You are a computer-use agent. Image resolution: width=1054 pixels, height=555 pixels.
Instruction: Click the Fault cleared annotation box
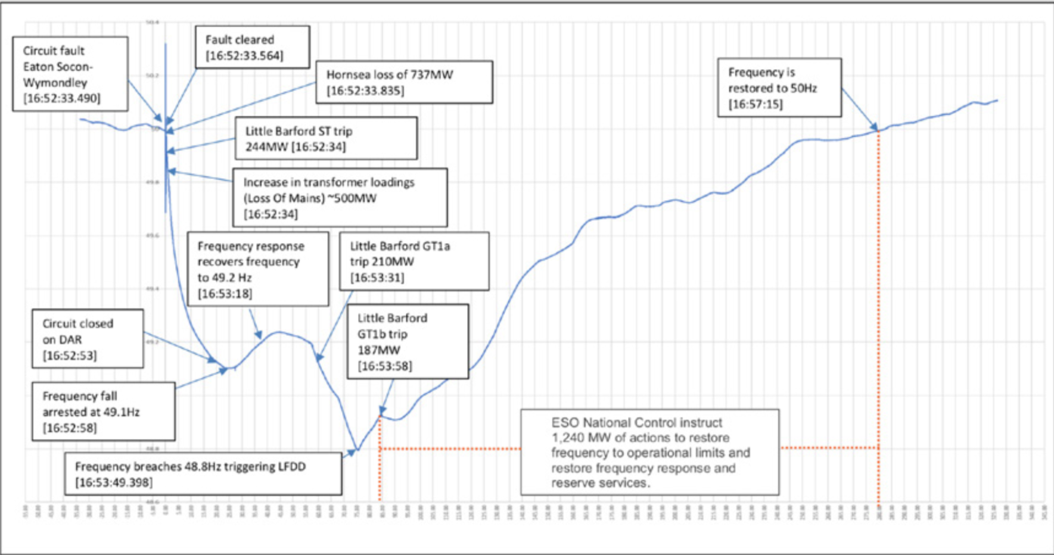tap(252, 47)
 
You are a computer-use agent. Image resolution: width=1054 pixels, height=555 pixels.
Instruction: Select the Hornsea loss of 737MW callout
tap(404, 82)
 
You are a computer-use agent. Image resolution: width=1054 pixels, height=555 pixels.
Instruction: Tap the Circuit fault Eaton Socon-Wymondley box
tap(70, 74)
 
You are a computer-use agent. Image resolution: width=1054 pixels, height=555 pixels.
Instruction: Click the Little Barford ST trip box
tap(326, 138)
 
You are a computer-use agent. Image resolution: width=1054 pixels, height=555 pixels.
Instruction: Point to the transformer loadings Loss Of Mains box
tap(340, 198)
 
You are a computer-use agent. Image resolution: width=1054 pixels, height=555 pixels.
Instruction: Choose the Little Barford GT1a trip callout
tap(414, 261)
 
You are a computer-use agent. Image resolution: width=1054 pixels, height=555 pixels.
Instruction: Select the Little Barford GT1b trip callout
tap(408, 341)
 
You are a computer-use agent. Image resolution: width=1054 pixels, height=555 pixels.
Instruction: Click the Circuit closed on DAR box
tap(87, 339)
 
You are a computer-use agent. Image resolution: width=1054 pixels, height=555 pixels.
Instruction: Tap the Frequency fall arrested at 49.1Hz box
tap(103, 411)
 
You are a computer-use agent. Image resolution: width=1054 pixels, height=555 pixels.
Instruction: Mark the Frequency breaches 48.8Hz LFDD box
tap(203, 474)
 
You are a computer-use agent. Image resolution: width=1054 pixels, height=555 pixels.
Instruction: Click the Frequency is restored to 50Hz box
tap(779, 88)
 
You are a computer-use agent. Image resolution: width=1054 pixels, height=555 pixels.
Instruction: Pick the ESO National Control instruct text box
tap(649, 452)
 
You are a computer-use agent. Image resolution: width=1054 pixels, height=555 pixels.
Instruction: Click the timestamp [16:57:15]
tap(755, 104)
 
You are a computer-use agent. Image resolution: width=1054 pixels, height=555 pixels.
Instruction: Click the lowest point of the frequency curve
tap(357, 450)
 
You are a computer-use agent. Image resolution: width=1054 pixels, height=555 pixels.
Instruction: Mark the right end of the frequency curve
tap(997, 100)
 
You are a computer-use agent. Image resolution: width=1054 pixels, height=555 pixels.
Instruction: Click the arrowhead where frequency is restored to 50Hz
tap(876, 127)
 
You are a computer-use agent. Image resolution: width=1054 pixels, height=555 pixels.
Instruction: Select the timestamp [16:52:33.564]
tap(244, 55)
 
